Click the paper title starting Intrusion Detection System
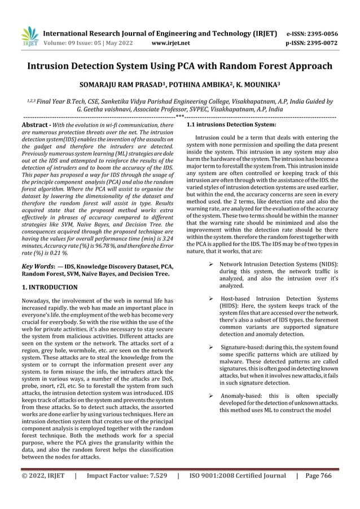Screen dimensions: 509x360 (180, 66)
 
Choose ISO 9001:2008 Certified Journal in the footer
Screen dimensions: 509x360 (237, 492)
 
